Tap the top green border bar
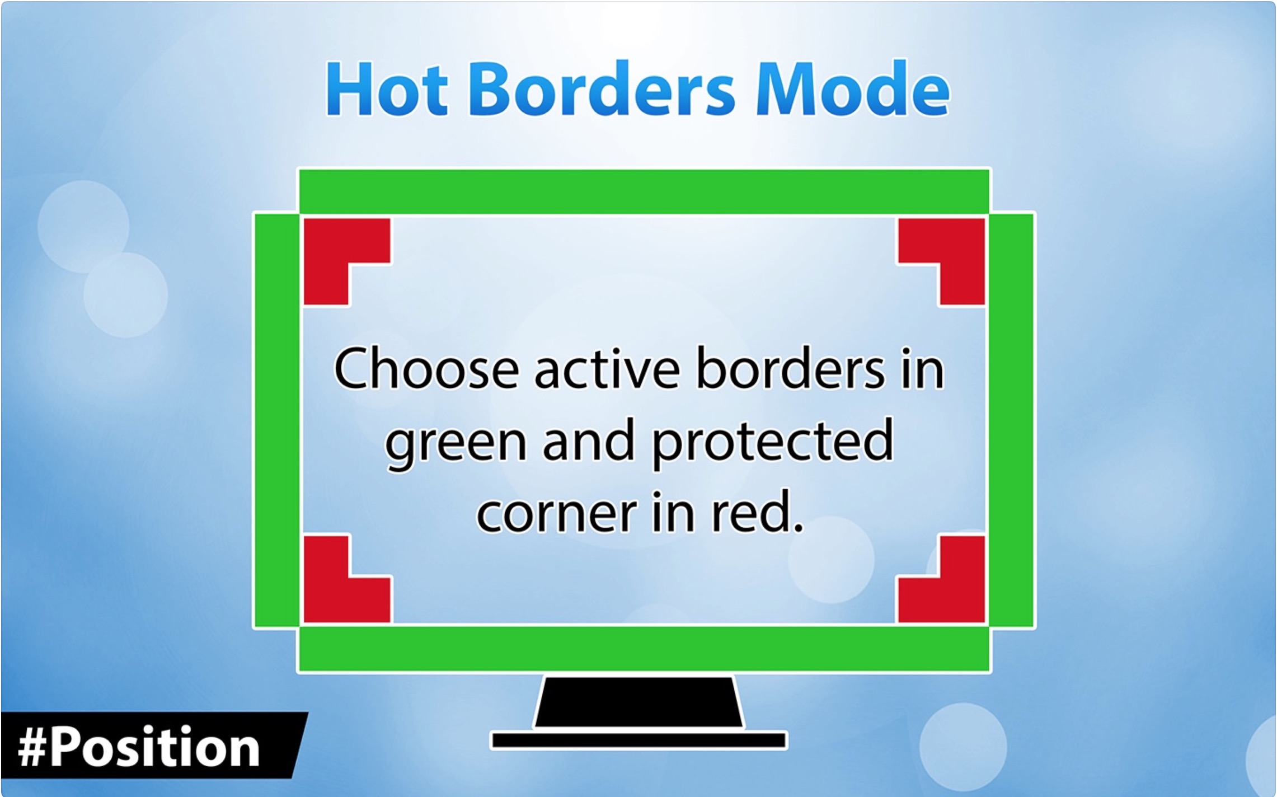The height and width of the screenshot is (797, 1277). pyautogui.click(x=644, y=191)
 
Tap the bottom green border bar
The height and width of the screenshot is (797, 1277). pyautogui.click(x=644, y=649)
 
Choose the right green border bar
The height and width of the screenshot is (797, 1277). pyautogui.click(x=1011, y=420)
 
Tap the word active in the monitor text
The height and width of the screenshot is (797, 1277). pyautogui.click(x=607, y=369)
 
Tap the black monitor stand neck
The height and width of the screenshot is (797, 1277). pyautogui.click(x=639, y=702)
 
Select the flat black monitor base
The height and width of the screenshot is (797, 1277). pyautogui.click(x=639, y=740)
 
